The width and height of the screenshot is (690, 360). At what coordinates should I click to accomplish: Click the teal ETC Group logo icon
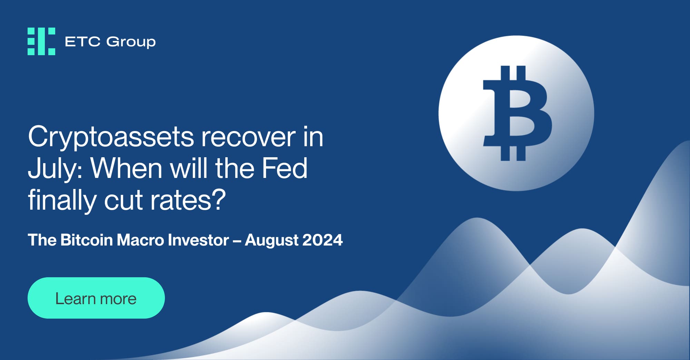pyautogui.click(x=41, y=41)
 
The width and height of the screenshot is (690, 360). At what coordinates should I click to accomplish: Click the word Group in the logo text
pyautogui.click(x=131, y=42)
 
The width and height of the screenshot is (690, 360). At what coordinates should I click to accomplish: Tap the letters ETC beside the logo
pyautogui.click(x=82, y=42)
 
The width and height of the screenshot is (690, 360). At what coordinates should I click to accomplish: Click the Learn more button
pyautogui.click(x=96, y=298)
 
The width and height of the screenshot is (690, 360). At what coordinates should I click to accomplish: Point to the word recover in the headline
pyautogui.click(x=248, y=137)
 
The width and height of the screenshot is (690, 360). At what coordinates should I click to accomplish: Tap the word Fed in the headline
pyautogui.click(x=284, y=168)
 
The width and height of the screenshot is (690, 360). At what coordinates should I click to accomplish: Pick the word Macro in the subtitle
pyautogui.click(x=140, y=240)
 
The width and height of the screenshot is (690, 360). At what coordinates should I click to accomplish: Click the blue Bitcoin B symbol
pyautogui.click(x=516, y=113)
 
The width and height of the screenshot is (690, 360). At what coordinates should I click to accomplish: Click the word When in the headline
pyautogui.click(x=126, y=168)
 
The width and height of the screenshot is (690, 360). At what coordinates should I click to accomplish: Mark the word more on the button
pyautogui.click(x=118, y=299)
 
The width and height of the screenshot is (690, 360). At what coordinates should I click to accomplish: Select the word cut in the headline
pyautogui.click(x=123, y=200)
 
